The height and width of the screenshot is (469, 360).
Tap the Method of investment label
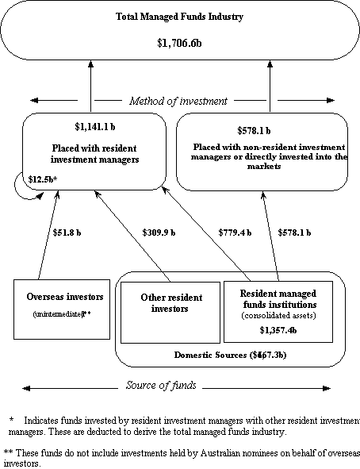[180, 101]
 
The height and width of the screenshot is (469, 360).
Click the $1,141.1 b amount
[93, 127]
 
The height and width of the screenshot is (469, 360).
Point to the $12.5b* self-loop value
[42, 180]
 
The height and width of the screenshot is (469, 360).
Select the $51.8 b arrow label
[68, 233]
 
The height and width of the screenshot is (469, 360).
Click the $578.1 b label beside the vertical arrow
[294, 233]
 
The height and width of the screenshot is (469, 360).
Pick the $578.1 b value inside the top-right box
[254, 130]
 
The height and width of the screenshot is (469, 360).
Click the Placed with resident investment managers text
[94, 153]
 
